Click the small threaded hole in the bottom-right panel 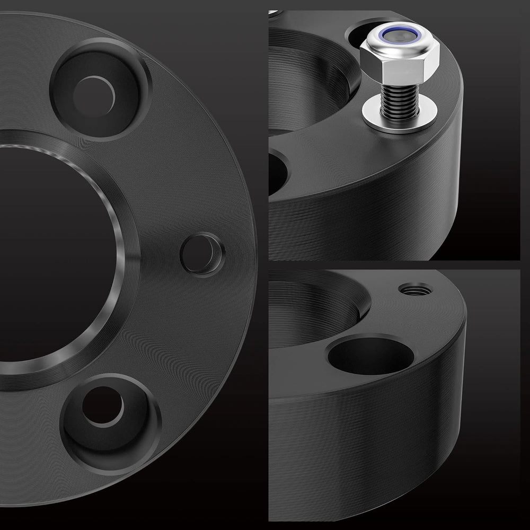pos(415,289)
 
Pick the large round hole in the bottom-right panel pos(370,355)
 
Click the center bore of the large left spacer pos(48,254)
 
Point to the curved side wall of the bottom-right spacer pos(371,450)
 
